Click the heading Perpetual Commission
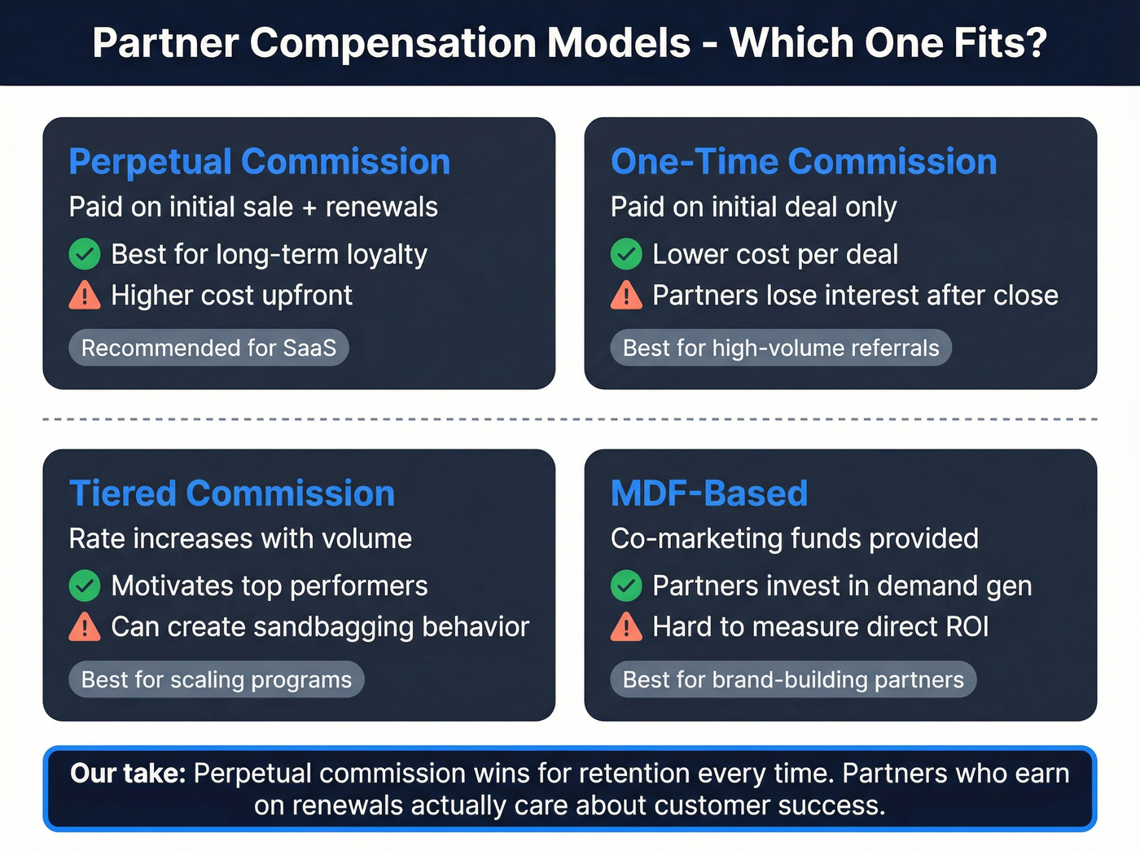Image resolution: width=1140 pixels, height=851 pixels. pos(259,161)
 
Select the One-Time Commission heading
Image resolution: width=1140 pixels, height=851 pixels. pos(803,161)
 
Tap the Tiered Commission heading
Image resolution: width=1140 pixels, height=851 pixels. pos(231,493)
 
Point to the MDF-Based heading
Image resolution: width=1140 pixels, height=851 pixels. pos(708,493)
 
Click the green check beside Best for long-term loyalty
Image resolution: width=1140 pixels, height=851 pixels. pos(85,254)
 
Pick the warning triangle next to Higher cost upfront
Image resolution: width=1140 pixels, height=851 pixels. pos(85,295)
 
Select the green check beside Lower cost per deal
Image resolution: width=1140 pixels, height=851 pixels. pos(626,254)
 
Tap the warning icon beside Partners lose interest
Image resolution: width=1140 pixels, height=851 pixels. pos(626,295)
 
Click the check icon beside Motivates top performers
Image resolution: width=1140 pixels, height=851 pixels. pos(85,586)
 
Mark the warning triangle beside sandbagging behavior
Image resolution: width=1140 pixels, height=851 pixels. pos(85,626)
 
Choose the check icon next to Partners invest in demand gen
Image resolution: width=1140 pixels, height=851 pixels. pos(626,586)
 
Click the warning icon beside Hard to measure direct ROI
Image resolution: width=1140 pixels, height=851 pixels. pos(626,626)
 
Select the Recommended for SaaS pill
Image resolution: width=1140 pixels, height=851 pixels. pos(208,348)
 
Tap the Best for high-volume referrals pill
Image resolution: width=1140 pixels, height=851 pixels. pos(780,348)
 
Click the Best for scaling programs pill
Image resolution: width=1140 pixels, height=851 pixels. pos(216,679)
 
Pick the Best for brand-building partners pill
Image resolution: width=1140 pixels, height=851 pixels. pos(792,679)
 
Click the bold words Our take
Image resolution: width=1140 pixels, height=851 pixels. pos(128,773)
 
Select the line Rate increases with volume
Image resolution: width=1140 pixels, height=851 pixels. pos(240,538)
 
